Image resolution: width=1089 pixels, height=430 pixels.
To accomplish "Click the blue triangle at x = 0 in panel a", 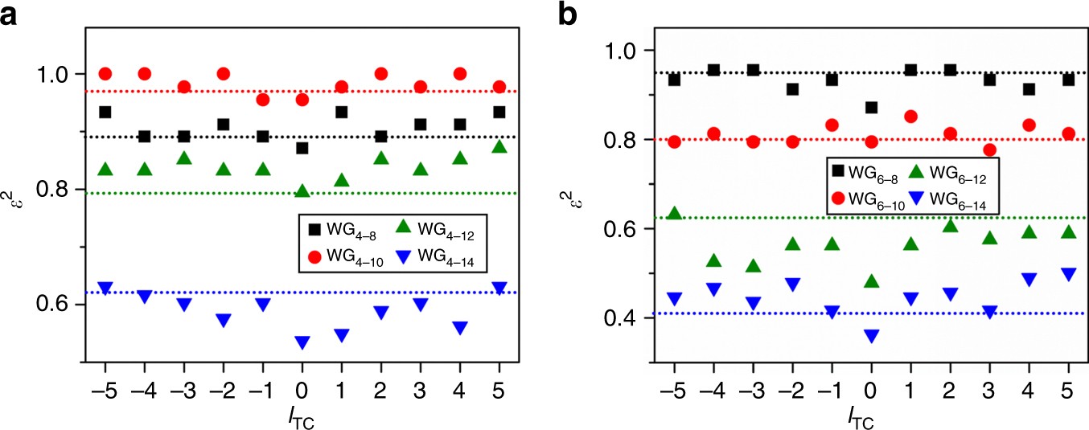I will [302, 343].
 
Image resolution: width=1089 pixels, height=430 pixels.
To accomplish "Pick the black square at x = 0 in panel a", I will [302, 148].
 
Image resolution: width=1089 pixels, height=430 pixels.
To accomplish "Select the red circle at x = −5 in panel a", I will [105, 74].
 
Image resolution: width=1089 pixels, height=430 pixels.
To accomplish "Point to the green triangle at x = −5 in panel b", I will [674, 213].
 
